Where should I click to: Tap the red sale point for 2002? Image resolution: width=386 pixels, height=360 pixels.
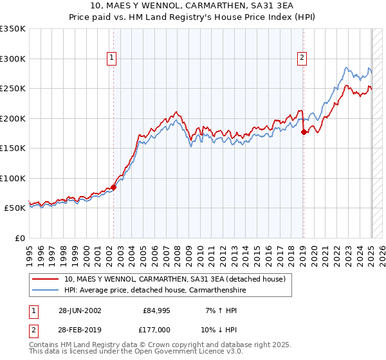point(113,187)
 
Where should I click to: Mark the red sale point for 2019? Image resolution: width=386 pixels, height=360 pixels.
point(304,132)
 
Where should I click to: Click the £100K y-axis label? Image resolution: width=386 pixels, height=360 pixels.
point(13,179)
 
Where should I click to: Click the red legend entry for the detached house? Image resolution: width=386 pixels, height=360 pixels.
point(178,279)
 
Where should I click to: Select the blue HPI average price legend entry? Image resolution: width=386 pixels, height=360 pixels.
point(154,290)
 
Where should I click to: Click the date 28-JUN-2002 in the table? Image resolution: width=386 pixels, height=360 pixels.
point(80,310)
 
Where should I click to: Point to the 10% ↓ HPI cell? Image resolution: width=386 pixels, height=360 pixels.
point(218,330)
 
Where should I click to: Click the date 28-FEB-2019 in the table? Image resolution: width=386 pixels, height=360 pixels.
point(80,330)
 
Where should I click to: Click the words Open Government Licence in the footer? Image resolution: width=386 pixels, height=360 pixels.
point(183,352)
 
